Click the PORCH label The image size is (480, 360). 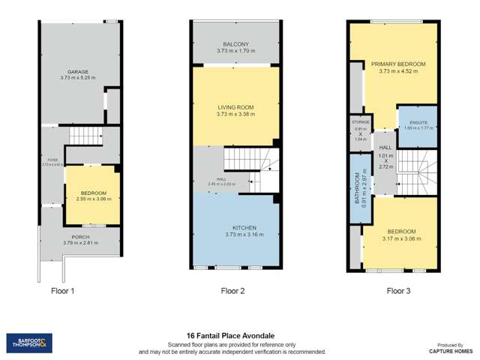click(x=79, y=236)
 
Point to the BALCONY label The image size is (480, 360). click(x=235, y=45)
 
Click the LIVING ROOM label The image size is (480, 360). click(x=235, y=108)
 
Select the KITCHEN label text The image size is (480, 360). click(x=235, y=227)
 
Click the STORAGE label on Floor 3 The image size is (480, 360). click(x=361, y=121)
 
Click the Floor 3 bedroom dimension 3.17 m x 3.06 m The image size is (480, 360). click(x=398, y=238)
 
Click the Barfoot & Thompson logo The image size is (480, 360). click(x=29, y=343)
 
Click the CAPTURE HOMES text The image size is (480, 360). click(x=449, y=350)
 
